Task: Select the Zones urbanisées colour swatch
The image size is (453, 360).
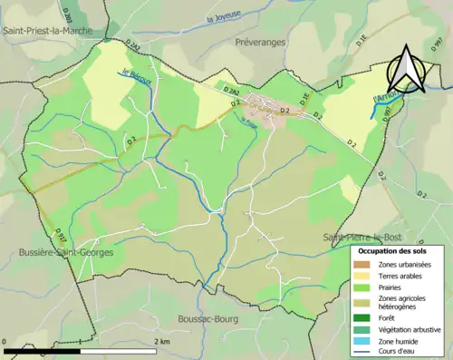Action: coord(365,264)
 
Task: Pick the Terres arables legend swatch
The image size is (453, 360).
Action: coord(365,277)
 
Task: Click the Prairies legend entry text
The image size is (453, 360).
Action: coord(396,289)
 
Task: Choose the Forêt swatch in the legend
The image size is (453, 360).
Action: coord(365,317)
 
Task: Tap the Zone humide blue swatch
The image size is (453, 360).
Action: coord(365,343)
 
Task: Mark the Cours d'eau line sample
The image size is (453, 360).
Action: coord(365,354)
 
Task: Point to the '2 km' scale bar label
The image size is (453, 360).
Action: coord(162,341)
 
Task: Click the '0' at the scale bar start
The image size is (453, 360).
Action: coord(6,341)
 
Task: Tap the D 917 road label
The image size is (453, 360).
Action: coord(61,233)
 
